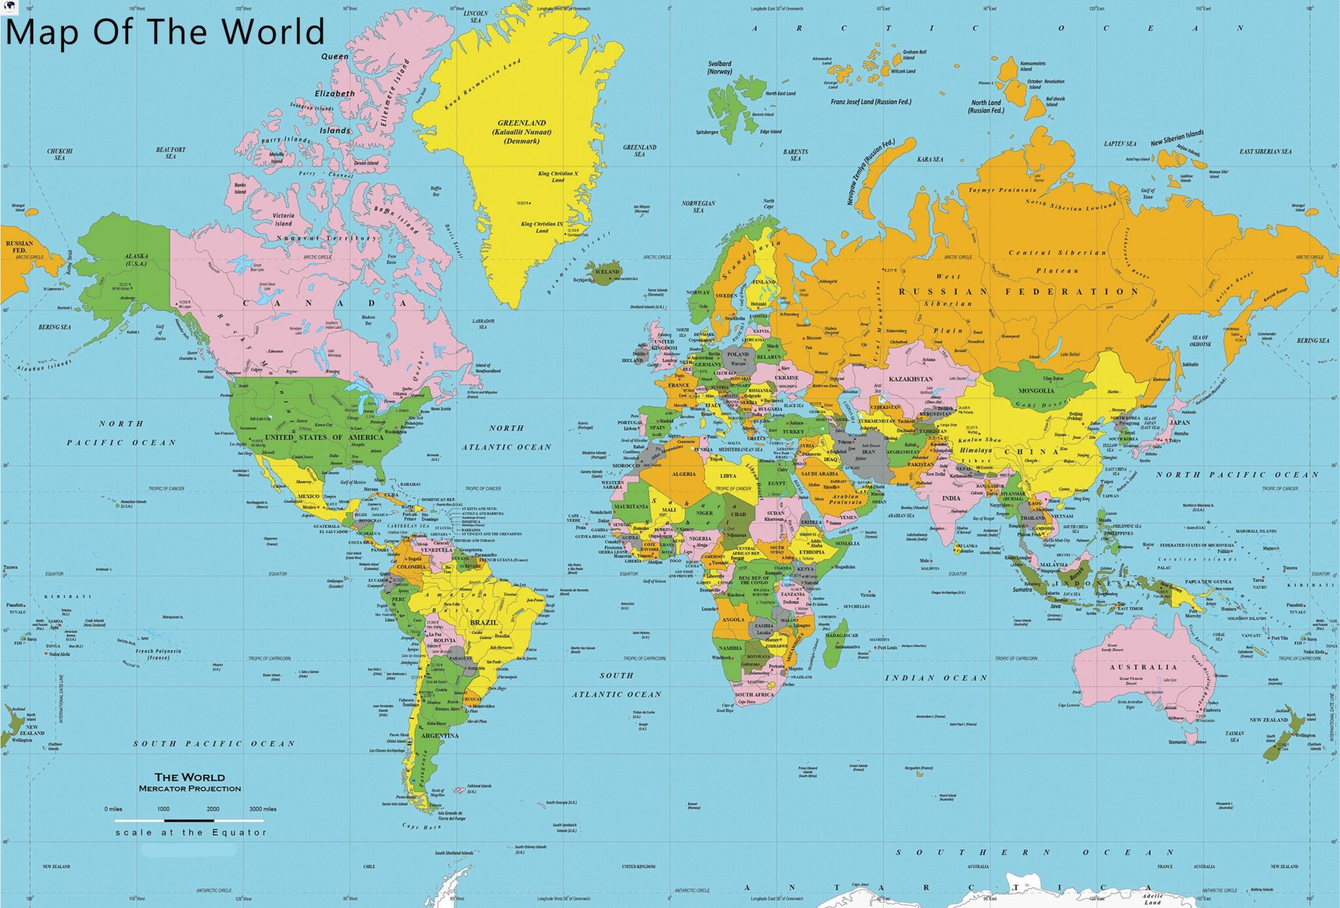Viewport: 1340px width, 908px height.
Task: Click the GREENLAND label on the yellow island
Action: [521, 123]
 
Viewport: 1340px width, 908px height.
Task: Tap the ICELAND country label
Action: [607, 271]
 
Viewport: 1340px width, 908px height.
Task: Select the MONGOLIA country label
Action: [1036, 391]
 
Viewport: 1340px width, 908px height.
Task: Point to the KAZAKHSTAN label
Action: [910, 379]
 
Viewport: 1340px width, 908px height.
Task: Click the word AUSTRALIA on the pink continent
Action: [1143, 667]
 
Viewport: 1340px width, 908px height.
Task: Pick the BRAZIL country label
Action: [484, 622]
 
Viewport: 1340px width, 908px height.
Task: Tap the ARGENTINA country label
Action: [440, 735]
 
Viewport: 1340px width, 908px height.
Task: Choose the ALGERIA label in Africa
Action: [684, 474]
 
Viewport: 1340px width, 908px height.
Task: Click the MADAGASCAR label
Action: [841, 635]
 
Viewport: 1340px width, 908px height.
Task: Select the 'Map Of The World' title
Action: [165, 31]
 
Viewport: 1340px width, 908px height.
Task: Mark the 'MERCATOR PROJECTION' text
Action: [190, 789]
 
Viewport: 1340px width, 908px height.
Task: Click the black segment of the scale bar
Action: [189, 820]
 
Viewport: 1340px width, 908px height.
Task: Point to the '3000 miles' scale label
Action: [263, 809]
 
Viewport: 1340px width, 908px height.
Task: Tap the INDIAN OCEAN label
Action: [936, 678]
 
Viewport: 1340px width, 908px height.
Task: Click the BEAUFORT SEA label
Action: [171, 152]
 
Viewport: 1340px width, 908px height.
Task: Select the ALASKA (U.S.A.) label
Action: [137, 260]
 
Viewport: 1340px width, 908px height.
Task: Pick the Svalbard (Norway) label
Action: [720, 67]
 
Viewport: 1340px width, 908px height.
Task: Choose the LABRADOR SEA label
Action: [483, 324]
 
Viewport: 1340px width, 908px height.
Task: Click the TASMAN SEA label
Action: [1234, 737]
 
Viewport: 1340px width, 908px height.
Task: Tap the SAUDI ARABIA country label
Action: [819, 474]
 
